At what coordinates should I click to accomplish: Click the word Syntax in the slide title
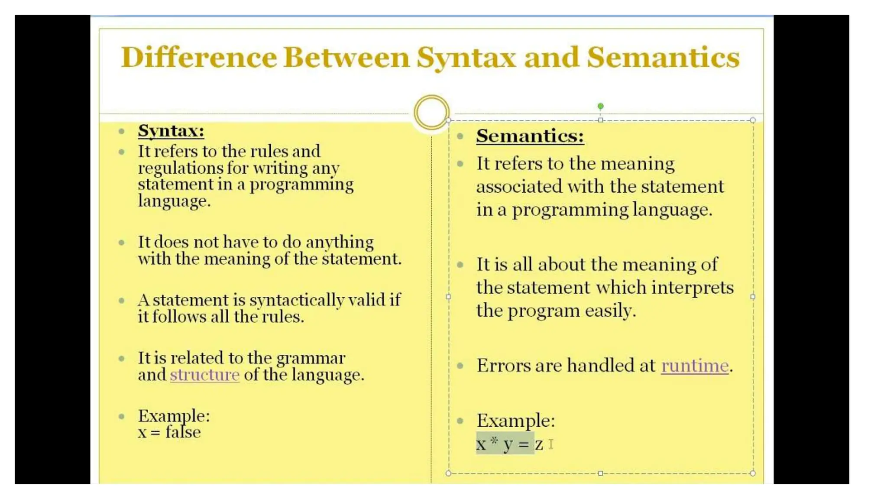[466, 57]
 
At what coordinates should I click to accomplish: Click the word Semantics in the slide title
[663, 57]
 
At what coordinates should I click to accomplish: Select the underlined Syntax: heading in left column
[171, 130]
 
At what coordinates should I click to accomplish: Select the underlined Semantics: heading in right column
[530, 136]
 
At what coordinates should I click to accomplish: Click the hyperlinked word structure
[204, 375]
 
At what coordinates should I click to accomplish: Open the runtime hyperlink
[695, 366]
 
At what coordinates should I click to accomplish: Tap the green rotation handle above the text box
[600, 106]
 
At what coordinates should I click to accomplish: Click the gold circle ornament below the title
[431, 112]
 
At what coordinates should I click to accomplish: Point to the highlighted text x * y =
[505, 444]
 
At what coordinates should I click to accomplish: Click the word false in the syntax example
[183, 432]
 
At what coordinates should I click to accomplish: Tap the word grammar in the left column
[311, 358]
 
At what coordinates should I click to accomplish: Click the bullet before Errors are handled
[460, 366]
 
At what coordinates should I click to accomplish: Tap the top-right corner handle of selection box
[753, 120]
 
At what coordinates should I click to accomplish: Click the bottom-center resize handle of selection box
[600, 473]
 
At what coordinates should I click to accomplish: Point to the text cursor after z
[551, 444]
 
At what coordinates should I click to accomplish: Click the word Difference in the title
[199, 57]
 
